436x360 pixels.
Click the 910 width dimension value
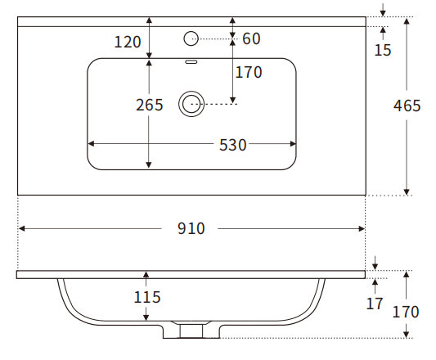tap(191, 229)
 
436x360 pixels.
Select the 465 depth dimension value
tap(407, 106)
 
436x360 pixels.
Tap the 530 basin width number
tap(232, 145)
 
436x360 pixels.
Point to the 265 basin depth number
tap(150, 105)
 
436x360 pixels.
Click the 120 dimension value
tap(128, 42)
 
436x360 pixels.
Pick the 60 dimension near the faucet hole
tap(251, 38)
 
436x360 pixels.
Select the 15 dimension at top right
tap(383, 50)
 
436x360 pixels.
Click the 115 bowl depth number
tap(146, 297)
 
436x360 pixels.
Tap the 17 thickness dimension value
tap(375, 304)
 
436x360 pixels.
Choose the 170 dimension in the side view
tap(406, 312)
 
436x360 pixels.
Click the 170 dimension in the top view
tap(248, 72)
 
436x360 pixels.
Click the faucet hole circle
tap(191, 38)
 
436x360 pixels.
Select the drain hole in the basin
tap(192, 103)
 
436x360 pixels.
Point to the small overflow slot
tap(192, 62)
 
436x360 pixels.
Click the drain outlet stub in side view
tap(191, 330)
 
